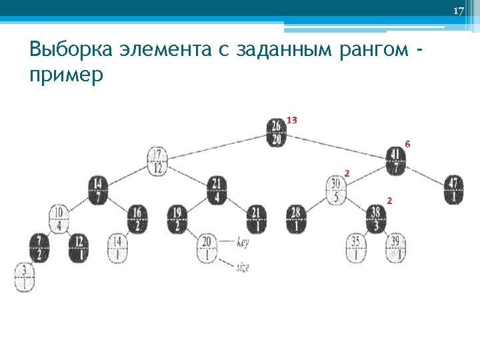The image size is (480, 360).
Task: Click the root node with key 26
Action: click(x=277, y=131)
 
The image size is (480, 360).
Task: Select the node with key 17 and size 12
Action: click(x=157, y=161)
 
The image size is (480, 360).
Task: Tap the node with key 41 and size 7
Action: click(x=395, y=161)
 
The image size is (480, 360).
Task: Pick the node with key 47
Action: click(x=453, y=190)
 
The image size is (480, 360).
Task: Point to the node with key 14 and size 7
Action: click(x=97, y=190)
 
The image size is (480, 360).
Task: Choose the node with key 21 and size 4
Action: click(x=216, y=190)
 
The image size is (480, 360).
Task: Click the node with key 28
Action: click(x=296, y=219)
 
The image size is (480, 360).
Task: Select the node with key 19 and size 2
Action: click(x=177, y=219)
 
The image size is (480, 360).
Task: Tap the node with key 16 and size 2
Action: click(x=137, y=219)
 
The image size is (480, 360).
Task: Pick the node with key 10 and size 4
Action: click(x=59, y=219)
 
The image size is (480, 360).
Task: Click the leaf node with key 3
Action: click(x=24, y=277)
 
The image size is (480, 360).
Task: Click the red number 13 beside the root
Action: click(x=291, y=120)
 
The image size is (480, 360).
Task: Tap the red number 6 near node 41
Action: click(x=407, y=144)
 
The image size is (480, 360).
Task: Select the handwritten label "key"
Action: click(x=243, y=243)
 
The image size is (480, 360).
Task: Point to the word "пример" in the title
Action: click(x=67, y=75)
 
